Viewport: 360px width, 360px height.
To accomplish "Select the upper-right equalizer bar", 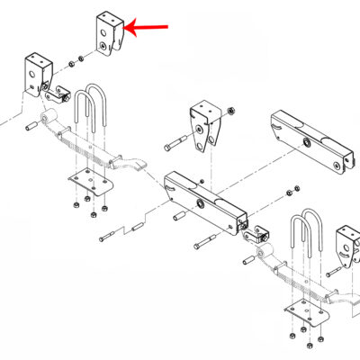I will coord(309,141).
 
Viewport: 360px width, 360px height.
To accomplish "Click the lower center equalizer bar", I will coord(206,200).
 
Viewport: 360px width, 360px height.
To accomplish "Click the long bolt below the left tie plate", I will coord(107,236).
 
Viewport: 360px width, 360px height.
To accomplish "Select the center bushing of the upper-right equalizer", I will coord(309,144).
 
